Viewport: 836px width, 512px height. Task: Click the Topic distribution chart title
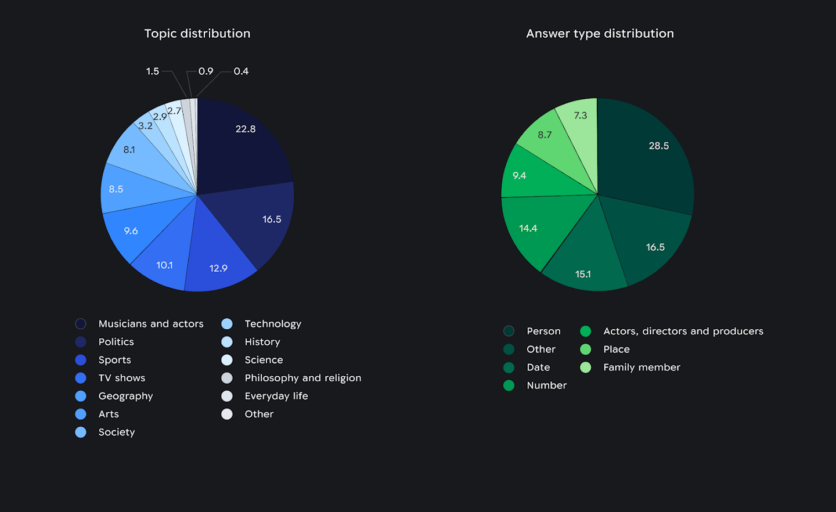click(x=197, y=34)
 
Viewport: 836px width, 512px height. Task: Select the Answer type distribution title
click(x=600, y=34)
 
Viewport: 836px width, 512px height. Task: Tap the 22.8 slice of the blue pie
click(x=244, y=139)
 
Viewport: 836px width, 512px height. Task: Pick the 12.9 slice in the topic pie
click(x=218, y=261)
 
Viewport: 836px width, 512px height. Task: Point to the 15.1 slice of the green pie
click(x=583, y=267)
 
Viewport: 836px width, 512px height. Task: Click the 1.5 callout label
click(x=152, y=71)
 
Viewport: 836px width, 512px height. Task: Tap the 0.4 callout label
click(x=241, y=71)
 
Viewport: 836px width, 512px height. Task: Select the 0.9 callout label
click(x=206, y=71)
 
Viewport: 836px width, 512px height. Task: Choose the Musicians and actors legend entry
click(x=150, y=324)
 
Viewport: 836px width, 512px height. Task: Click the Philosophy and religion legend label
click(x=302, y=378)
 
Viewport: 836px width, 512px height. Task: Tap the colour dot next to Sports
click(x=81, y=360)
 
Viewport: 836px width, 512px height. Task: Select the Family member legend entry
click(x=642, y=367)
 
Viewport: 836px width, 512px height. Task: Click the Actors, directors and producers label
click(x=683, y=331)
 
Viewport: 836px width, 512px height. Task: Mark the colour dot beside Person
click(x=509, y=331)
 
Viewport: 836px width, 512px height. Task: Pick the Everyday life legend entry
click(x=276, y=396)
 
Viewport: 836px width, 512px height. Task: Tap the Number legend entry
click(x=546, y=385)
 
